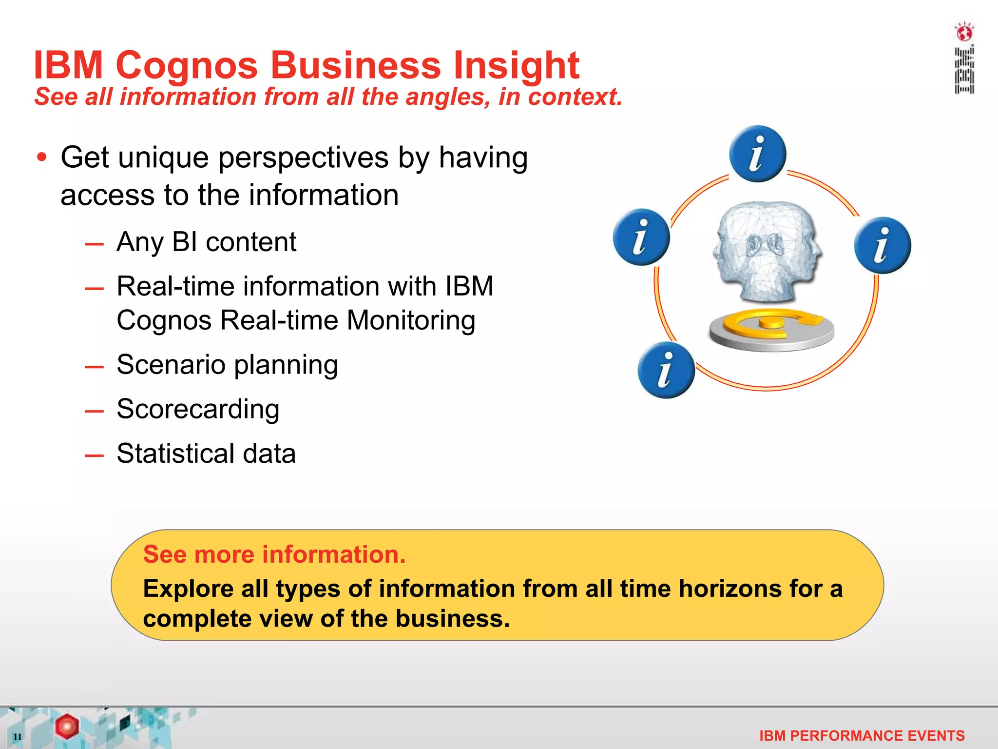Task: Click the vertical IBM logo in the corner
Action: coord(964,59)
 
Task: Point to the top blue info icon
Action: coord(757,154)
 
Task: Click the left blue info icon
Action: coord(641,237)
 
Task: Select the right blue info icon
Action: coord(882,245)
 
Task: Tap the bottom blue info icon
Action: coord(666,370)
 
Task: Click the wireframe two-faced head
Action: coord(767,251)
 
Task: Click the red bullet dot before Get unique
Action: coord(42,158)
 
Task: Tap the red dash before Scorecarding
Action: coord(94,411)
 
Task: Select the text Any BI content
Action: coord(206,242)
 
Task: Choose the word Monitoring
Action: coord(411,320)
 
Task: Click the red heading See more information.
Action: coord(274,554)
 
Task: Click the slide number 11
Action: coord(18,736)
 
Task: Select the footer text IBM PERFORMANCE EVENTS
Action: coord(862,735)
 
